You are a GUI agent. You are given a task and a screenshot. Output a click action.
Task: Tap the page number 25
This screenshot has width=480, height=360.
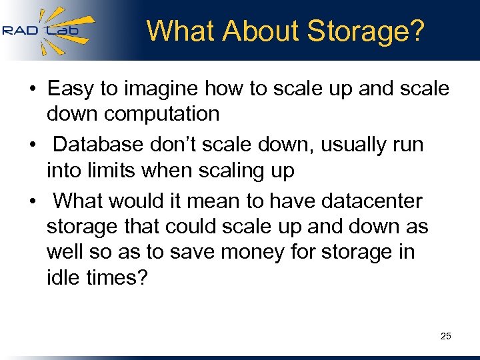pos(446,336)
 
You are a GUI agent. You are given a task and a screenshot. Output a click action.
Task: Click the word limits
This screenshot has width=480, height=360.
pos(111,171)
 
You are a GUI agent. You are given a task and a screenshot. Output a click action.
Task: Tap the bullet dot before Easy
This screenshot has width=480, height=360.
pos(31,89)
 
